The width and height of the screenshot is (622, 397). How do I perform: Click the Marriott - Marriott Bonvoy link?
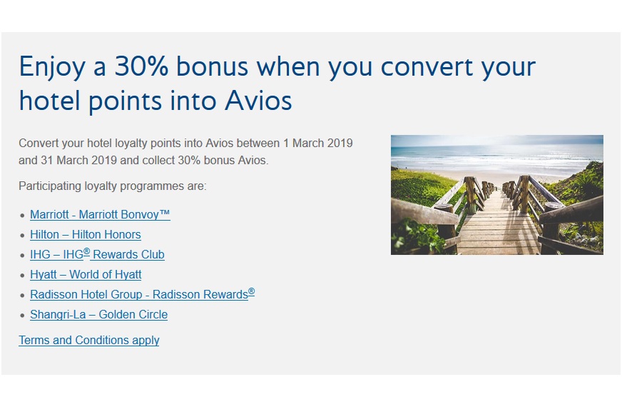coord(100,215)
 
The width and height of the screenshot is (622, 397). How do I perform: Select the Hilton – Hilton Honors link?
coord(86,235)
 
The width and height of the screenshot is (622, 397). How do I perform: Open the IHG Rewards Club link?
coord(97,254)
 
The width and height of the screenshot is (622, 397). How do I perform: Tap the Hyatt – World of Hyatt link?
coord(86,275)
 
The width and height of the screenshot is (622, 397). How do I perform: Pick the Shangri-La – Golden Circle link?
coord(98,315)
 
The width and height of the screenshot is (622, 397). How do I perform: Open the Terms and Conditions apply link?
coord(89,340)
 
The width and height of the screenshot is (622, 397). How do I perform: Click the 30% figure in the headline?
coord(141,66)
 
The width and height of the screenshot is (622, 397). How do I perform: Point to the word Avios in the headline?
coord(258,101)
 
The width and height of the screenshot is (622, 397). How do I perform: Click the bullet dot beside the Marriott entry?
coord(22,216)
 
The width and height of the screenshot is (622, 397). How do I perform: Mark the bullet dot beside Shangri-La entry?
coord(22,316)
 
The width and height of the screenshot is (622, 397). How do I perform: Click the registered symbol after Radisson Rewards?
coord(252,292)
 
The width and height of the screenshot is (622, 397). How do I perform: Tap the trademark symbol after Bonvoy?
coord(165,213)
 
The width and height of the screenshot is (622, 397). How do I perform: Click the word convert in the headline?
coord(427,67)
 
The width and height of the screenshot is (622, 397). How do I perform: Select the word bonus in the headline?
coord(213,66)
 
